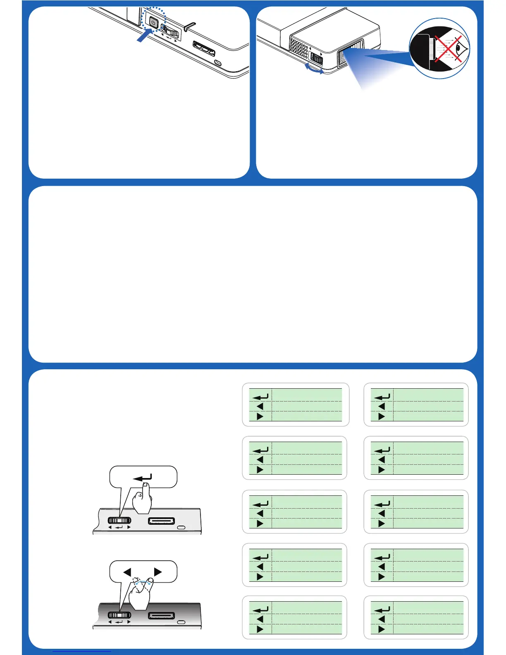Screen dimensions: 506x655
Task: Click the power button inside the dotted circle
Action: tap(153, 23)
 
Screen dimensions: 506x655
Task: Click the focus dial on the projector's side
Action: tap(316, 58)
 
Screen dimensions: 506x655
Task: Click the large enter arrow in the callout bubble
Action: tap(143, 478)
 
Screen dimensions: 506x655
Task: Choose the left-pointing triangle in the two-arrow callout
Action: tap(127, 572)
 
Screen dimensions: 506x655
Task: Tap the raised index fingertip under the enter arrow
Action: tap(145, 487)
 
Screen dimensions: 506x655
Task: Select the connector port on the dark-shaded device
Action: tap(161, 616)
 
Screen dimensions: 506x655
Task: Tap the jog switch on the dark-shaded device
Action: tap(119, 615)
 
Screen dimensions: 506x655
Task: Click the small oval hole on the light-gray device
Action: tap(181, 528)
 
